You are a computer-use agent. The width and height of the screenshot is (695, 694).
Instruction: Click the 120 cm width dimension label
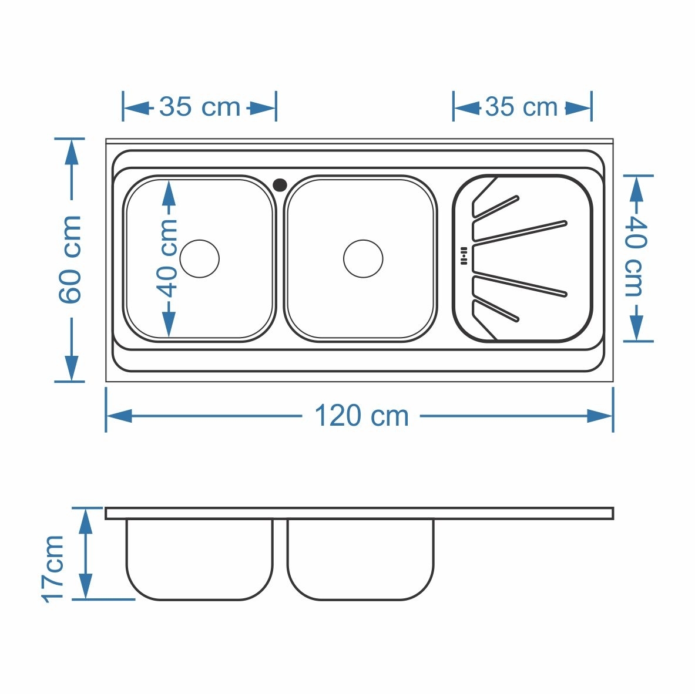click(361, 416)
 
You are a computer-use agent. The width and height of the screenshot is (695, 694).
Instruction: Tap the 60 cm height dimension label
click(70, 260)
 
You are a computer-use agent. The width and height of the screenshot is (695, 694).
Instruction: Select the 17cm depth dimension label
click(53, 569)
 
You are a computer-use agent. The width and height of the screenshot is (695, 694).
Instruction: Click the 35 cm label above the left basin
click(200, 107)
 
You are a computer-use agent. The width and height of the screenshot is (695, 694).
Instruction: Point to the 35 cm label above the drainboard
click(521, 107)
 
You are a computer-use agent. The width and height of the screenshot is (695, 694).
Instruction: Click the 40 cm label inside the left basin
click(167, 259)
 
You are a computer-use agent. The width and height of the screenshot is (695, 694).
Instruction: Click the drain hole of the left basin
click(200, 259)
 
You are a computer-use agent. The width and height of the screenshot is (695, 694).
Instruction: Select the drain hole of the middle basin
click(363, 259)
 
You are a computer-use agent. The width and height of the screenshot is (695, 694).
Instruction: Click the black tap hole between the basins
click(280, 185)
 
